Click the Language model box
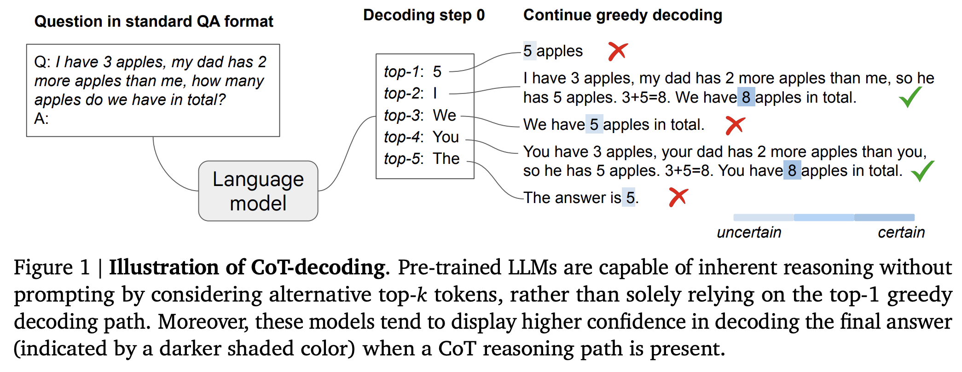pyautogui.click(x=258, y=191)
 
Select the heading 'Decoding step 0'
pyautogui.click(x=423, y=15)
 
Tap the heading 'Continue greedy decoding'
pyautogui.click(x=622, y=15)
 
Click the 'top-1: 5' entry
pyautogui.click(x=413, y=71)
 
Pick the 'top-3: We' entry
pyautogui.click(x=420, y=115)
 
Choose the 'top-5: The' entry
pyautogui.click(x=422, y=158)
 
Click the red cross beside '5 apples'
pyautogui.click(x=618, y=51)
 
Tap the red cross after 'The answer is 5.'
pyautogui.click(x=678, y=198)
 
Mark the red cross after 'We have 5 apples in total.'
pyautogui.click(x=735, y=125)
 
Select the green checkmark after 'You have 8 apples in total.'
pyautogui.click(x=922, y=170)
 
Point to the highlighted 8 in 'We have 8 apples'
pyautogui.click(x=746, y=97)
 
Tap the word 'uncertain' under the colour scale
pyautogui.click(x=749, y=232)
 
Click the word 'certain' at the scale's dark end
pyautogui.click(x=901, y=232)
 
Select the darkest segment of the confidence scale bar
pyautogui.click(x=884, y=217)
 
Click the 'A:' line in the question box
pyautogui.click(x=41, y=119)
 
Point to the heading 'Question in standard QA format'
pyautogui.click(x=154, y=22)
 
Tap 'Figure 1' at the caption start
pyautogui.click(x=52, y=267)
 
